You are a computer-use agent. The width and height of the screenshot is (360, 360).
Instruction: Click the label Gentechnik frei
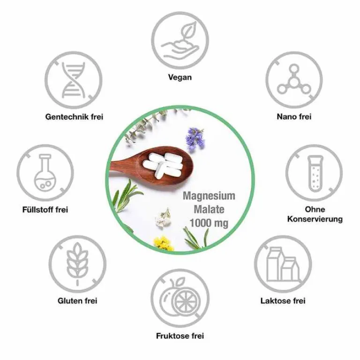[74, 117]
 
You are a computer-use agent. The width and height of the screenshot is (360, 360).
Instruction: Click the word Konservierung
[315, 219]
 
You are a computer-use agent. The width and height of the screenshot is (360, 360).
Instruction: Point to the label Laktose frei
[283, 301]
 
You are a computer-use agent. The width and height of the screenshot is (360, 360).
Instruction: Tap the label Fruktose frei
[180, 336]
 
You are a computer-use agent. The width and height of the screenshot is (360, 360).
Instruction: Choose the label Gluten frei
[77, 301]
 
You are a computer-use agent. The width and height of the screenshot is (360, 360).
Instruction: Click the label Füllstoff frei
[45, 210]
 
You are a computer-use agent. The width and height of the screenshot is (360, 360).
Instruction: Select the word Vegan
[180, 77]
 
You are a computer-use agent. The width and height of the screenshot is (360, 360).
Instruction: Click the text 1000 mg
[209, 223]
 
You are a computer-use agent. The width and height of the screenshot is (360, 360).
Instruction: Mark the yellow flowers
[163, 243]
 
